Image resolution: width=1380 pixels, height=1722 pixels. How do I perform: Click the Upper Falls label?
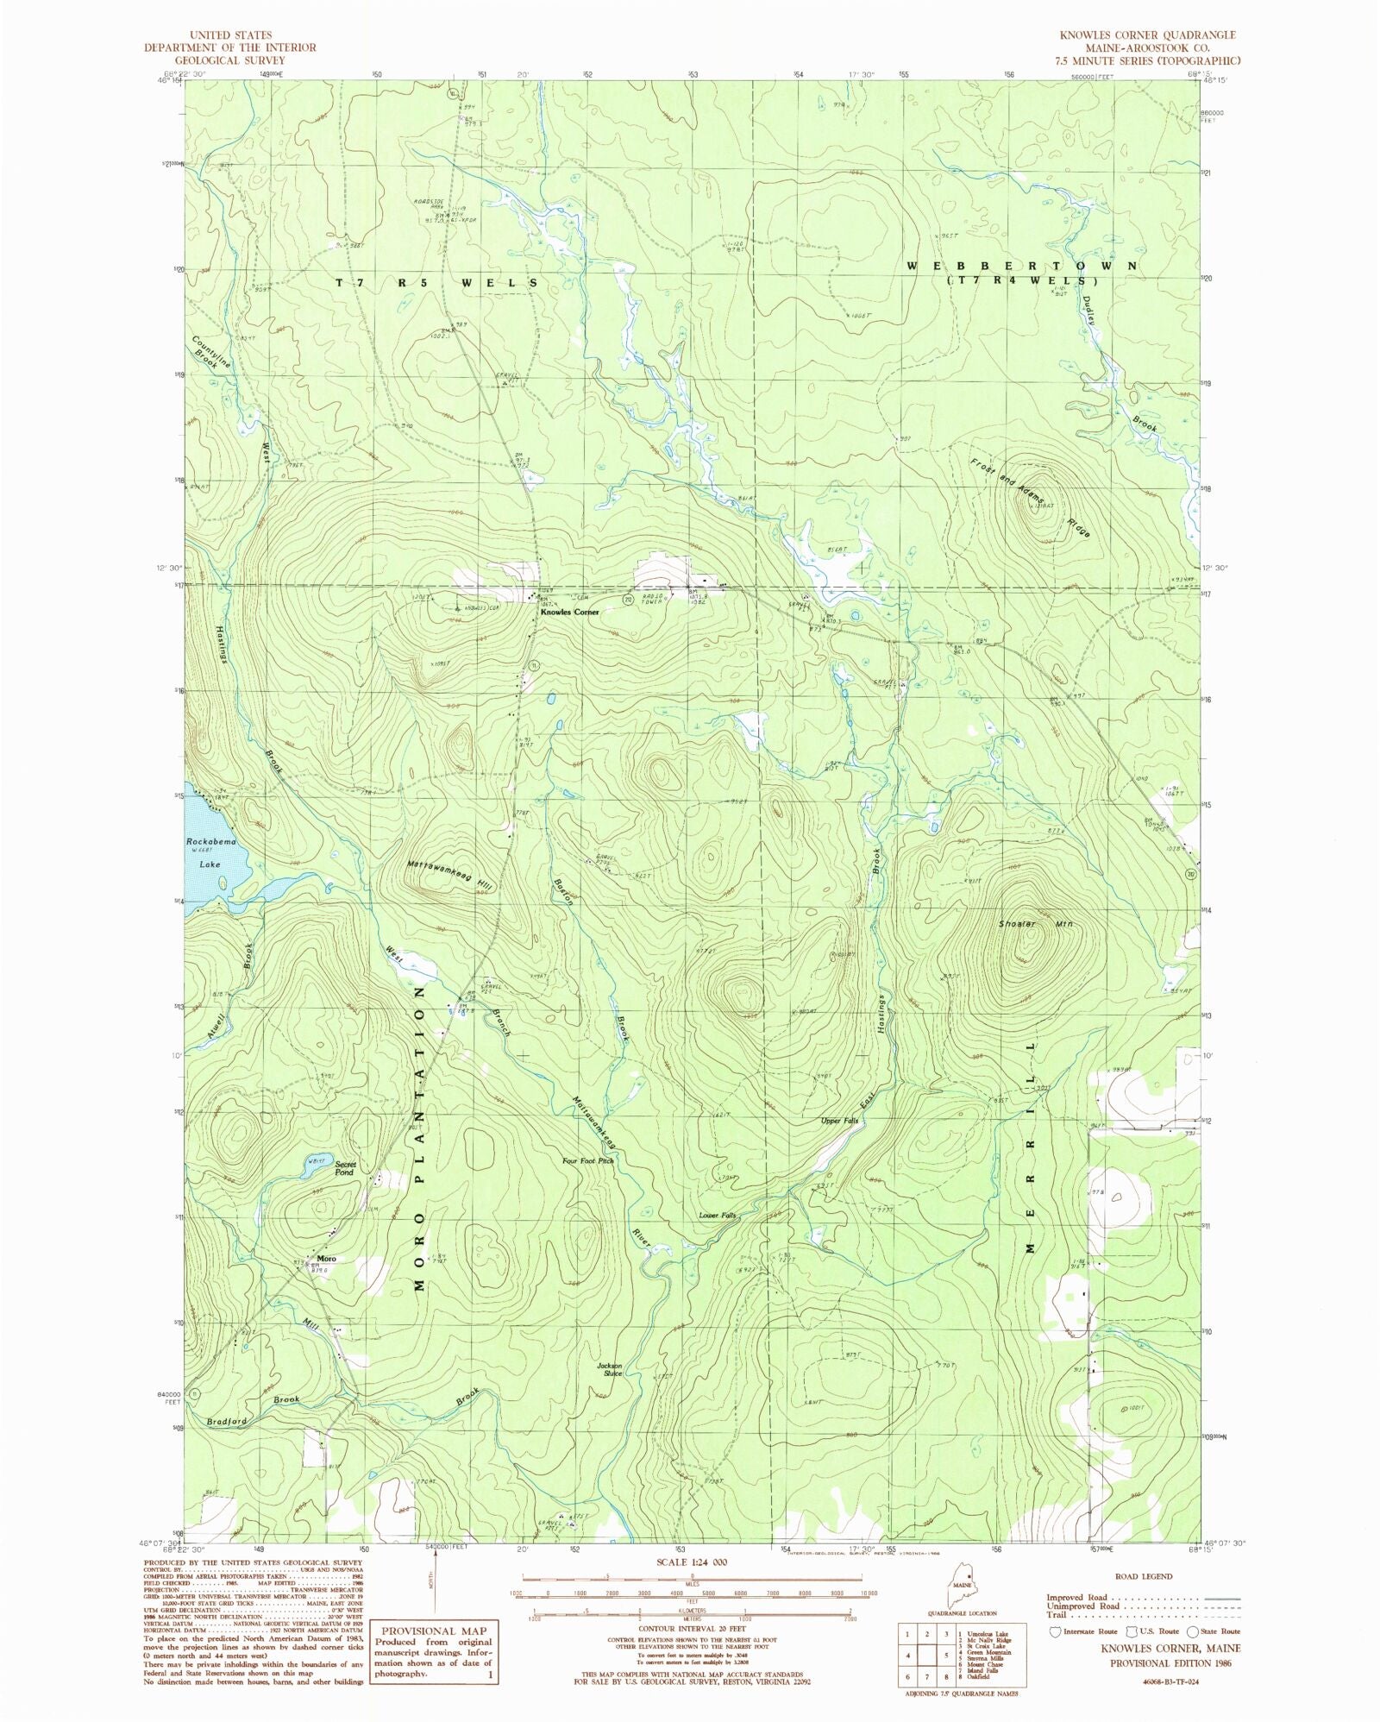click(x=839, y=1121)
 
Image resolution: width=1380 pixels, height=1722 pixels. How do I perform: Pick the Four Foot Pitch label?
click(x=588, y=1161)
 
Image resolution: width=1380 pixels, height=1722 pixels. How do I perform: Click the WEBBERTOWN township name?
click(x=1022, y=267)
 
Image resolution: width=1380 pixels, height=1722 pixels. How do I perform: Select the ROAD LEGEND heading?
click(x=1144, y=1576)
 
